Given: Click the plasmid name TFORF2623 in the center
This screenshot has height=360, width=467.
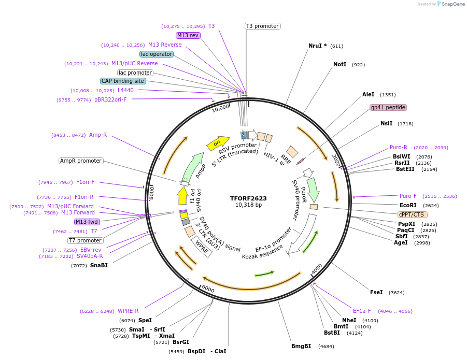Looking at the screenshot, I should click(248, 198).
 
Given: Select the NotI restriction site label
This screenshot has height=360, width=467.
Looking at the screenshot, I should click(339, 65).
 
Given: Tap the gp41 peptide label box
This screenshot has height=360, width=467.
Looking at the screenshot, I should click(388, 108).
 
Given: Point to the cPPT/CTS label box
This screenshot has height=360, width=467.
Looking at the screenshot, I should click(411, 214).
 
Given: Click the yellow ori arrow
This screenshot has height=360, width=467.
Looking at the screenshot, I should click(218, 142).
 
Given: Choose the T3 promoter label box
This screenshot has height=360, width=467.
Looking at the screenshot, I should click(262, 26).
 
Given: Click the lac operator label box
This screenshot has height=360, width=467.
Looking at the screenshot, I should click(157, 54).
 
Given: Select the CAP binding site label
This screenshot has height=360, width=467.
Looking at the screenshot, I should click(123, 81).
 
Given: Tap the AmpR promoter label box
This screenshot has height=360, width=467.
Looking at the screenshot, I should click(81, 161).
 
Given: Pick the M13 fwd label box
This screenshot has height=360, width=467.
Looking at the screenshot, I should click(87, 222).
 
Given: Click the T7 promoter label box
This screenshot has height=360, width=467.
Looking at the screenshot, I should click(85, 240).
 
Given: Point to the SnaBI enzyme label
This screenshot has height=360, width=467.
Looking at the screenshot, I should click(98, 265).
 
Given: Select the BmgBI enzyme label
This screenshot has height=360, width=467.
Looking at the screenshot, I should click(301, 346).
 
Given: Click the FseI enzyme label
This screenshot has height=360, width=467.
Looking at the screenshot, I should click(376, 292).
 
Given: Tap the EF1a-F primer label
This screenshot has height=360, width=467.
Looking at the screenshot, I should click(362, 311).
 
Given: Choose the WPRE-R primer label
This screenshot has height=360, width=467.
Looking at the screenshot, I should click(128, 311).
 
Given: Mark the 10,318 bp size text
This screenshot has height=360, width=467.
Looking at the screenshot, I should click(248, 205).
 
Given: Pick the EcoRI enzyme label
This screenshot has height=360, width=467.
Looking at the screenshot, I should click(408, 205).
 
